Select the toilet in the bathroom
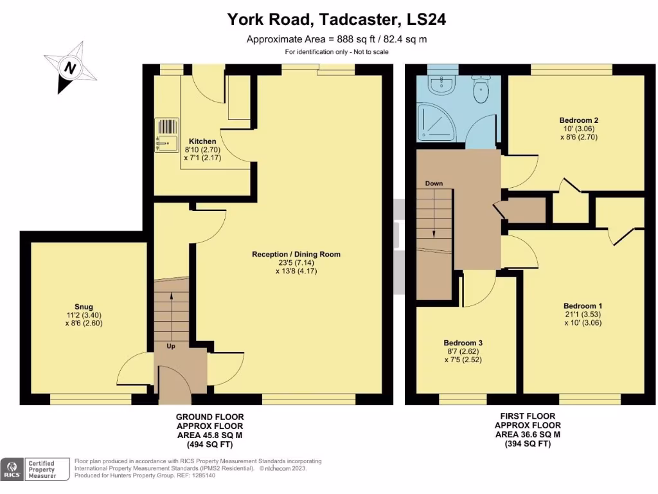pyautogui.click(x=480, y=91)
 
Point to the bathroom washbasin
pyautogui.click(x=442, y=83)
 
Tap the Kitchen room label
pyautogui.click(x=202, y=142)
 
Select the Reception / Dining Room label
pyautogui.click(x=296, y=254)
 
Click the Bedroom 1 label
pyautogui.click(x=583, y=306)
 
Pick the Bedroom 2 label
pyautogui.click(x=578, y=120)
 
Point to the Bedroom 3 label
pyautogui.click(x=463, y=343)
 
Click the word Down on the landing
pyautogui.click(x=434, y=183)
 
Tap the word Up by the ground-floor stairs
pyautogui.click(x=171, y=346)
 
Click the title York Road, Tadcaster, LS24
pyautogui.click(x=337, y=20)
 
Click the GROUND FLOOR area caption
pyautogui.click(x=210, y=430)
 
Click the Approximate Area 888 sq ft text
pyautogui.click(x=337, y=39)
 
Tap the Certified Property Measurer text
pyautogui.click(x=41, y=470)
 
